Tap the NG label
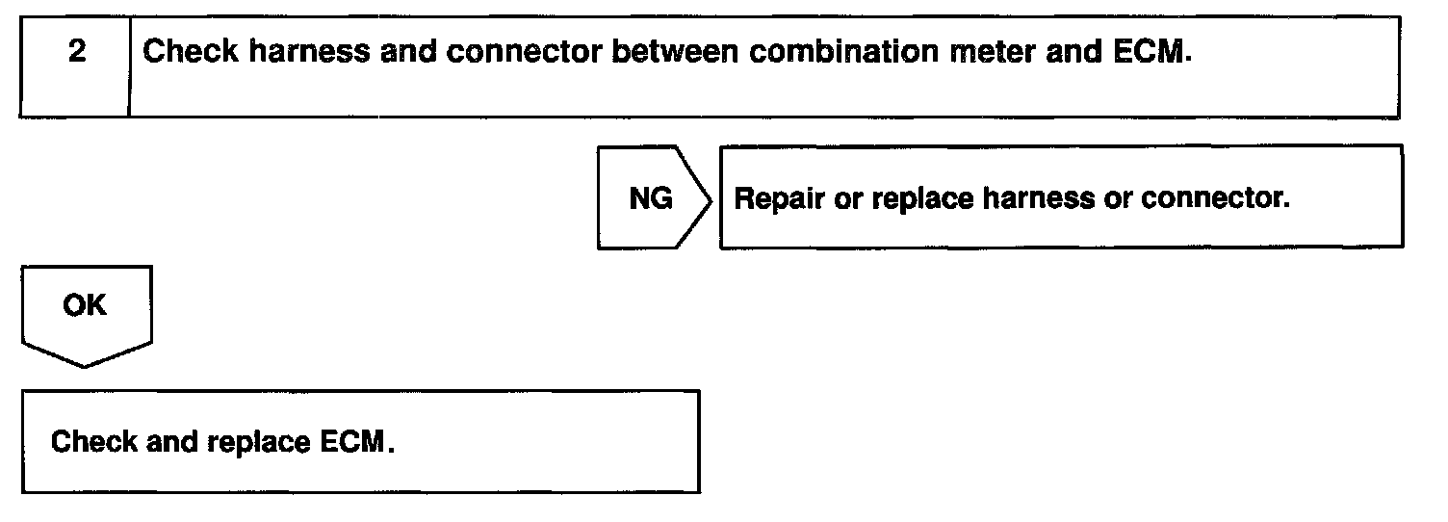(x=650, y=199)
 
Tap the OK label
(x=86, y=305)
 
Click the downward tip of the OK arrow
(x=86, y=365)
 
